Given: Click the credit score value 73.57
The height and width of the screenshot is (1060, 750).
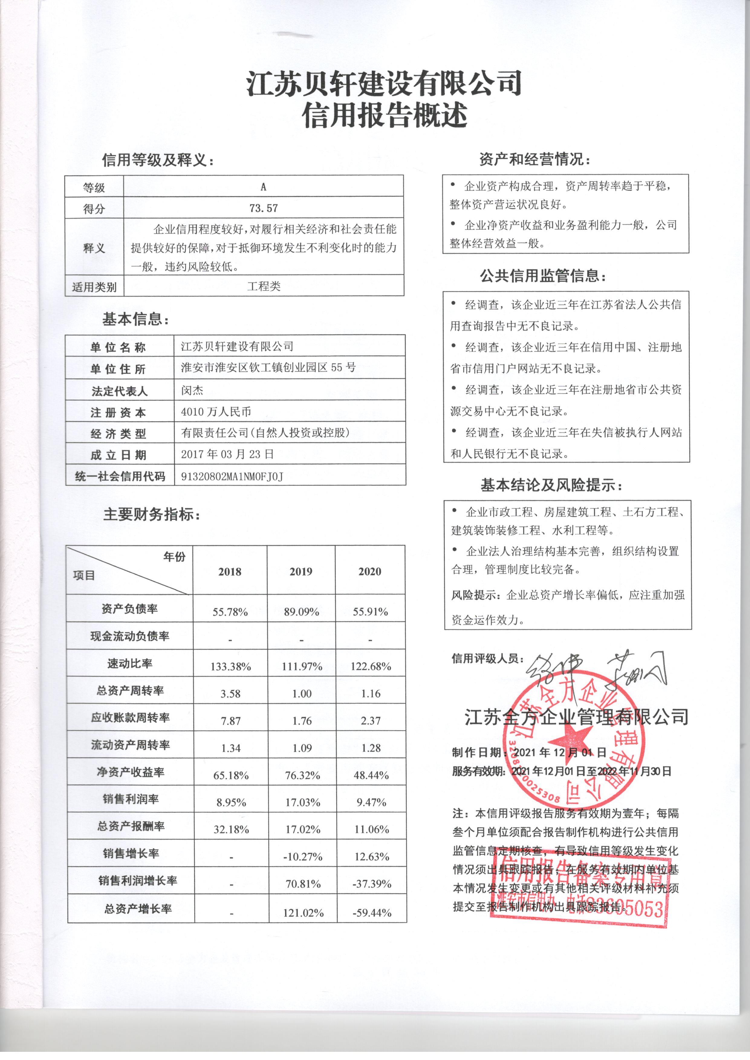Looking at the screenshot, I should point(263,208).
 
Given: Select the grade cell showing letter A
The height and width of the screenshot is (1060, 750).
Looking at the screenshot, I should point(263,186).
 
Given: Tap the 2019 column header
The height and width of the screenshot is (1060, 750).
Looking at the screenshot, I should point(301,572).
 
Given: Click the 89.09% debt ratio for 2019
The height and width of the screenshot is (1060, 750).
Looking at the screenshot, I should point(301,612).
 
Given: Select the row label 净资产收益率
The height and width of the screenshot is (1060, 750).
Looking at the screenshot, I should point(130,772).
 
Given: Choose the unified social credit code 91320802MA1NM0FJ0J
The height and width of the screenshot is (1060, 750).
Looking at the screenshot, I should point(232,476).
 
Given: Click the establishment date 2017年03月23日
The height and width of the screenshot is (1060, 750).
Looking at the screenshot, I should point(227,454).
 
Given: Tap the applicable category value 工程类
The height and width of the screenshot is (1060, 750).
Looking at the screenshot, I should point(264,286).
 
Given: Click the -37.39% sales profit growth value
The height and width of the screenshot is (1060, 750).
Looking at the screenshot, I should point(371,884).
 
